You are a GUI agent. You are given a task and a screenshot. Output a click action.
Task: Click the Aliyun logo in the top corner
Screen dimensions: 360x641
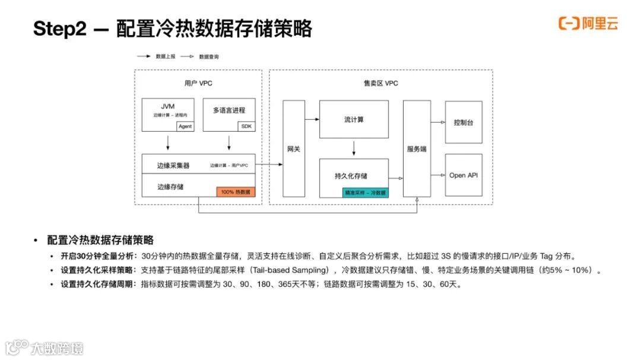[588, 24]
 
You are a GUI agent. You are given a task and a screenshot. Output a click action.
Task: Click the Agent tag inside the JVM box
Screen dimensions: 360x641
[185, 126]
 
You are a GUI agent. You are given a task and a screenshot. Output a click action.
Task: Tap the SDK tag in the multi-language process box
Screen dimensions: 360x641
[246, 126]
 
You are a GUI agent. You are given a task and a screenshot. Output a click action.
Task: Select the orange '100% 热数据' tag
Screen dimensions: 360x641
[236, 192]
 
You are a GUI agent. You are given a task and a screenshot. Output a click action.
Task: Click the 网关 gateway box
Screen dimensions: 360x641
[293, 149]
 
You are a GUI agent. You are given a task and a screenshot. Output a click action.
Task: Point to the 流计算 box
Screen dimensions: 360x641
[354, 120]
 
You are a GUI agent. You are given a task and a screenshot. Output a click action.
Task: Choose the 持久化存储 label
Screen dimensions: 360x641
[351, 176]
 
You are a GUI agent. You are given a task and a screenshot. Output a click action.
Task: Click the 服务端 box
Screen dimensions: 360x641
[417, 149]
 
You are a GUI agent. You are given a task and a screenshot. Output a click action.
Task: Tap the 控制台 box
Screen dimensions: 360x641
[464, 122]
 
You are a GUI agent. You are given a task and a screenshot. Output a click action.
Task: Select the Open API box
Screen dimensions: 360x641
[464, 175]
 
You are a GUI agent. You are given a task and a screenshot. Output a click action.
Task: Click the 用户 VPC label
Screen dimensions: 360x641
[198, 84]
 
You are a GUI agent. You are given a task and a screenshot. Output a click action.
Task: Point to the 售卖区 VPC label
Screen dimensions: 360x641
[380, 84]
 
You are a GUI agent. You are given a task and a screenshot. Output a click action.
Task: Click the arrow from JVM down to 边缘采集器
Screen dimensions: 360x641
[168, 142]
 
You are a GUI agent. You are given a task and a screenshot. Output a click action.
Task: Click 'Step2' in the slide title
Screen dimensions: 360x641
[60, 29]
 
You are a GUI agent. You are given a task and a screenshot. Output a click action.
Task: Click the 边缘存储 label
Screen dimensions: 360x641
[170, 186]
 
